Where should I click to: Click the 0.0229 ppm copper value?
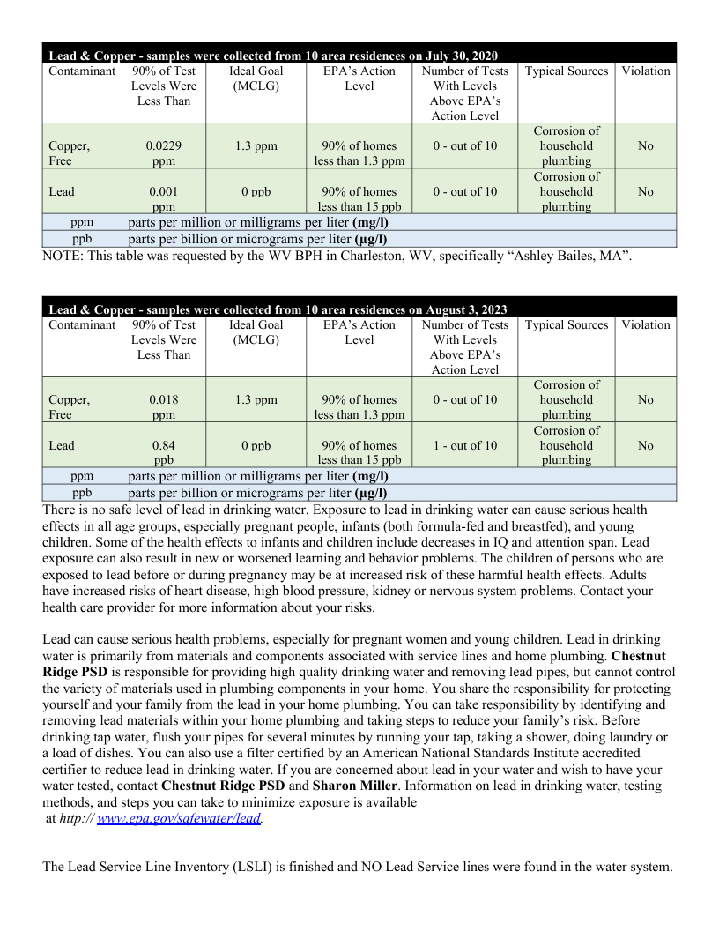[164, 153]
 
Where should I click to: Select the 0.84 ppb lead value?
[164, 452]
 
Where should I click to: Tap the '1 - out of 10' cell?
[464, 445]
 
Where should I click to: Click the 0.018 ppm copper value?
[164, 407]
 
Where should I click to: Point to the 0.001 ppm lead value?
[164, 198]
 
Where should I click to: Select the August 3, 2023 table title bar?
[359, 309]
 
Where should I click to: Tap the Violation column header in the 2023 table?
[645, 324]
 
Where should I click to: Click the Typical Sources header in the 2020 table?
[566, 71]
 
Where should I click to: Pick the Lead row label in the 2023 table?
[62, 445]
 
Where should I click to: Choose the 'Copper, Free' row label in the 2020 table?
[69, 153]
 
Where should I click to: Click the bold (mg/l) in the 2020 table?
[370, 222]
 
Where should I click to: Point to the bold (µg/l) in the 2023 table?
[370, 493]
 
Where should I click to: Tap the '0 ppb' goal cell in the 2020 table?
[256, 191]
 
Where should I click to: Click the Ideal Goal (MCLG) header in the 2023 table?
[256, 332]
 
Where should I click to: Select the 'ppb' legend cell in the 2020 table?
[82, 239]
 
